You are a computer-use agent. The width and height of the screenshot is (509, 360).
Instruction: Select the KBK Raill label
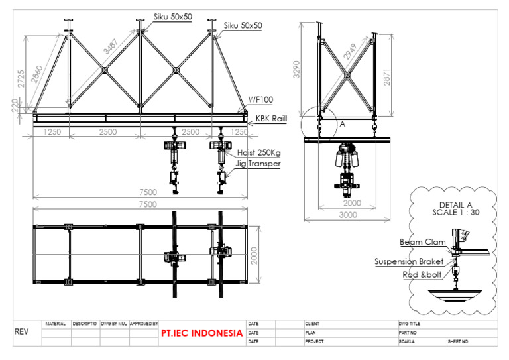point(271,121)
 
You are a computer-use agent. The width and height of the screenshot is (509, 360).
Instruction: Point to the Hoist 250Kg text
point(258,154)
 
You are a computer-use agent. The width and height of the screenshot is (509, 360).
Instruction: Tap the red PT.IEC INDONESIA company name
point(201,333)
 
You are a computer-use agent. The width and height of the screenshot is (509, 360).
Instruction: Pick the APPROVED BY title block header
point(144,324)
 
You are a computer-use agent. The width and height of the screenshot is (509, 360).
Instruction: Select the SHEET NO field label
point(458,342)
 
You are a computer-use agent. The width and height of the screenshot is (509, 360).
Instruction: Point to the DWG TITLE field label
point(409,324)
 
